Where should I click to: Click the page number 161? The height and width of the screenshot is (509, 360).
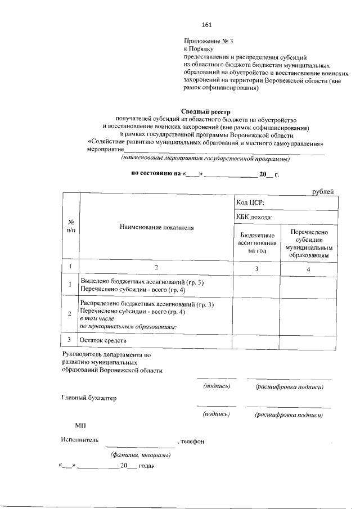tap(206, 25)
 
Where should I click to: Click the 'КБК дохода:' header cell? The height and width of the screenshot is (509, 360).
tap(255, 217)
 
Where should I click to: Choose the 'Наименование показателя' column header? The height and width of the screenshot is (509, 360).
tap(156, 228)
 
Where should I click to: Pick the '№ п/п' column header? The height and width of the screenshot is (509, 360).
tap(71, 227)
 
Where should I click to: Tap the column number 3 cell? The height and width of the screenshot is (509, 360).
tap(256, 269)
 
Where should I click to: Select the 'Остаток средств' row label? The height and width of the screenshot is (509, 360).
tap(103, 341)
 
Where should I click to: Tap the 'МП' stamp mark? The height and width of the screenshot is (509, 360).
tap(80, 427)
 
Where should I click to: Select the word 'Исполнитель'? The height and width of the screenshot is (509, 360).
tap(80, 441)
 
